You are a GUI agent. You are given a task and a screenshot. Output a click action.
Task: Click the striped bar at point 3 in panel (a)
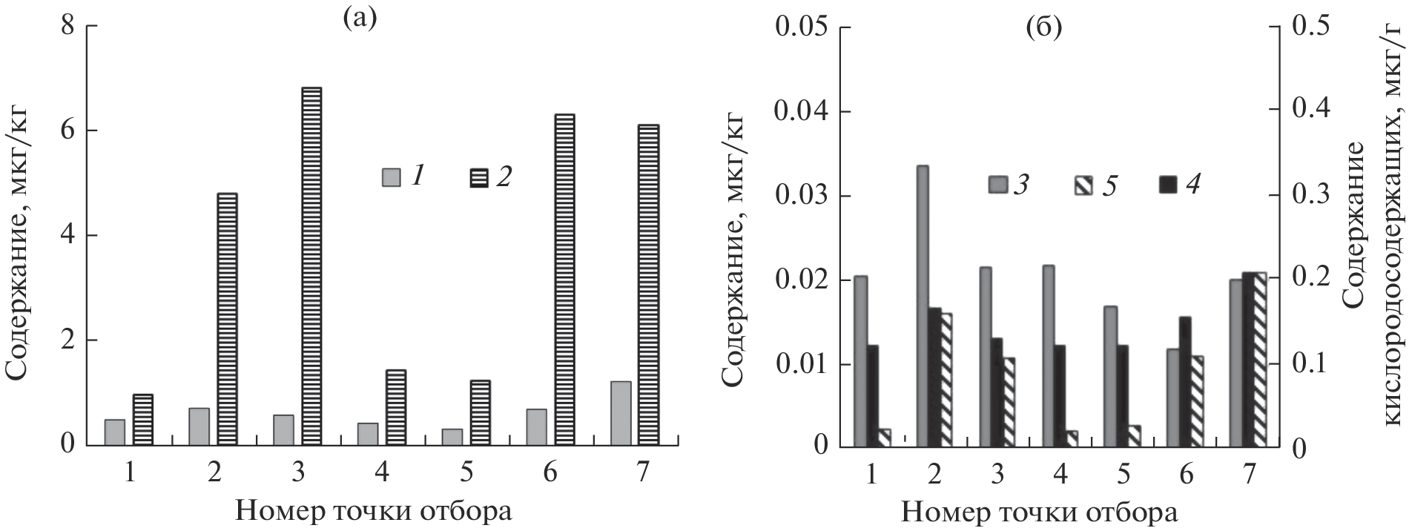click(x=311, y=266)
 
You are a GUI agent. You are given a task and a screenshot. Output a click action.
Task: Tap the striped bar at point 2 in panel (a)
click(x=227, y=319)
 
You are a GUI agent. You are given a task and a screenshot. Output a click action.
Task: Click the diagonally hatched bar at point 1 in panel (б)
click(x=883, y=438)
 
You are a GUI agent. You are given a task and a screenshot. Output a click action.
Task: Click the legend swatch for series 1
click(x=391, y=177)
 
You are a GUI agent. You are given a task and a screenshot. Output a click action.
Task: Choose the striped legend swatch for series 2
click(x=480, y=177)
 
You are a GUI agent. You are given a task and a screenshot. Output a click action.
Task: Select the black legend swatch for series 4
click(x=1167, y=184)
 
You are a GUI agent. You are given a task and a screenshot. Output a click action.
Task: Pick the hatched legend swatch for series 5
click(x=1083, y=185)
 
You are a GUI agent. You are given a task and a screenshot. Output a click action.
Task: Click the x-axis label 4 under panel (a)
click(x=382, y=472)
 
